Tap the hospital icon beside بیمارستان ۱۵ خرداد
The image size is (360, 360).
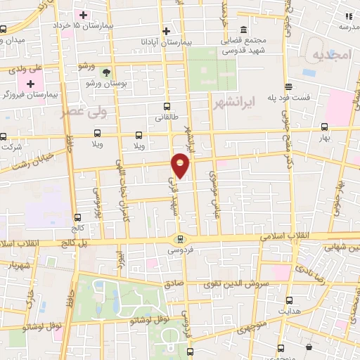[83, 15]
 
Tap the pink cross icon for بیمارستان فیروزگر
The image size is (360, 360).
[30, 84]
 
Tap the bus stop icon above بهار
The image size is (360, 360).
[324, 127]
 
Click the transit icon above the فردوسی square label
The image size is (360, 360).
[180, 239]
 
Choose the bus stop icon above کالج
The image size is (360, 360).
[76, 217]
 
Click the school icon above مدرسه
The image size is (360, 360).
[348, 15]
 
